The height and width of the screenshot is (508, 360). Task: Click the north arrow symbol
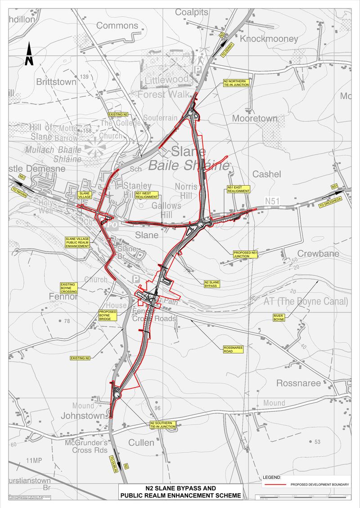(29, 54)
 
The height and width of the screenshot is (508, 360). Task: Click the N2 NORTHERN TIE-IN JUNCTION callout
(236, 83)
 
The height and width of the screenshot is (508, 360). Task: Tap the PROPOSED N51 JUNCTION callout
(246, 255)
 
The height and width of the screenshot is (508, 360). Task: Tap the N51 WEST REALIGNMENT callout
(147, 195)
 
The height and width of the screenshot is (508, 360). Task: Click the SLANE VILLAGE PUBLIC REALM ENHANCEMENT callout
(77, 243)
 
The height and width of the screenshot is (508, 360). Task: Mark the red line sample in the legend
(275, 484)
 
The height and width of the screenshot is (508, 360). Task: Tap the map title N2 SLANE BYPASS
(180, 488)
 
